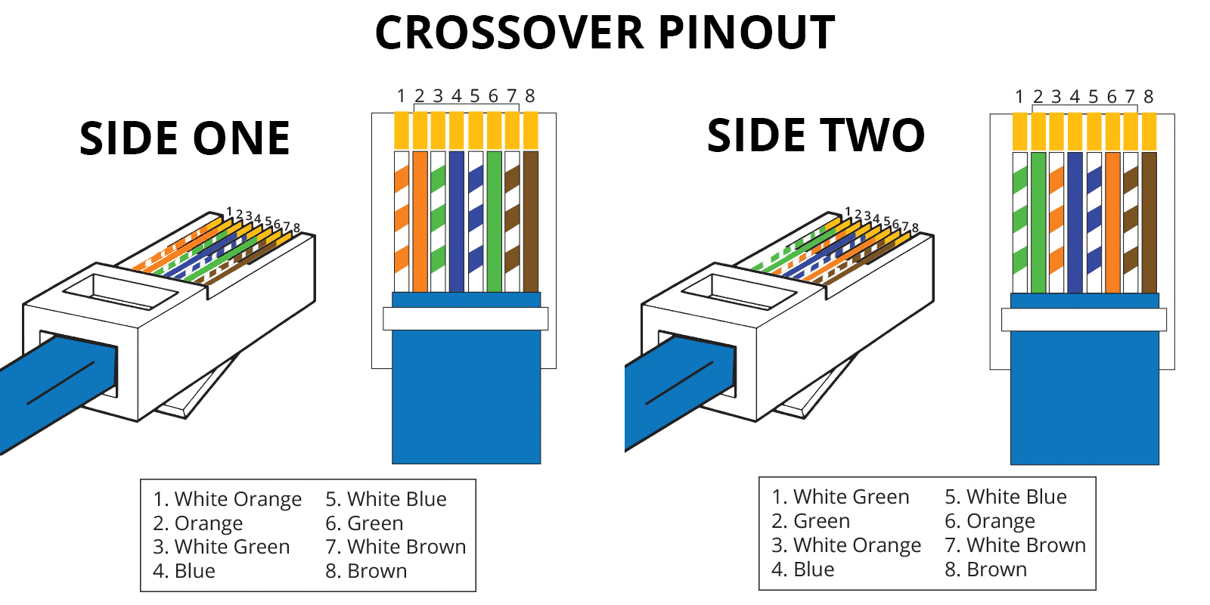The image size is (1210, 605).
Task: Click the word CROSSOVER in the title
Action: [508, 33]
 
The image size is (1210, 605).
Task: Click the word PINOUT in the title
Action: [746, 33]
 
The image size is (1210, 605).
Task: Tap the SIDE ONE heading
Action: [185, 139]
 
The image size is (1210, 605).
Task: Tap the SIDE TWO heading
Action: [815, 136]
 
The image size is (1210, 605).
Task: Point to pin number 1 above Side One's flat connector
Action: [401, 96]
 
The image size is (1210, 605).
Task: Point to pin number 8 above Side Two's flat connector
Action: [1148, 97]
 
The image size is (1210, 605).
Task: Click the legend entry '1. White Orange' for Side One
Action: [227, 499]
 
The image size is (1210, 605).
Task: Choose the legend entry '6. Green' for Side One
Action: [365, 523]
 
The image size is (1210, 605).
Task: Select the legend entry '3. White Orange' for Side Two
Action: [846, 545]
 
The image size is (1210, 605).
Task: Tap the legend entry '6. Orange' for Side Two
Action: [990, 521]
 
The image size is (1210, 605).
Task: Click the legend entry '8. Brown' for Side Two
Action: [985, 569]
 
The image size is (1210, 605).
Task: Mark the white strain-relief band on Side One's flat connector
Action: [465, 318]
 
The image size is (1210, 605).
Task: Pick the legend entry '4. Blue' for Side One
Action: [184, 571]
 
